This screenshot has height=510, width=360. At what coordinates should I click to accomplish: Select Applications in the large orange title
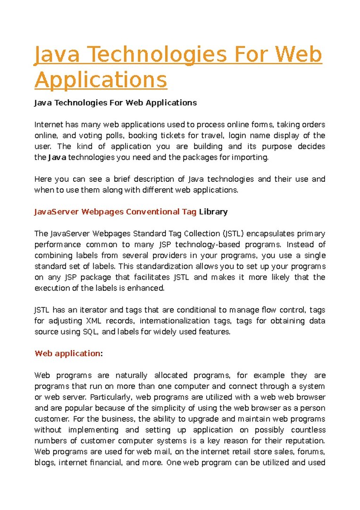[100, 79]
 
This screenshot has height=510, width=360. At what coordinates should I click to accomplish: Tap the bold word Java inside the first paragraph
[57, 157]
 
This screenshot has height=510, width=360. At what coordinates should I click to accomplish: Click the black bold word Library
[213, 212]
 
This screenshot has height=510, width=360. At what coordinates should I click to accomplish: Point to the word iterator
[84, 310]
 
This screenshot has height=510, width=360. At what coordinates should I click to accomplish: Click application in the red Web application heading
[76, 353]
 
